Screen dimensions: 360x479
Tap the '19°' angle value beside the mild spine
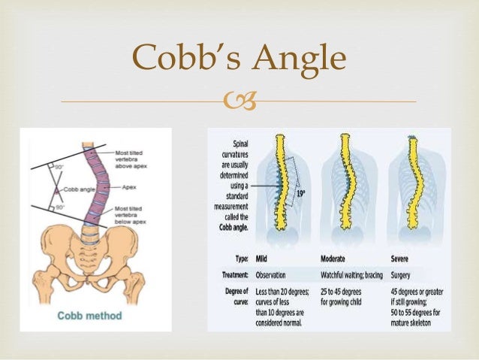300,193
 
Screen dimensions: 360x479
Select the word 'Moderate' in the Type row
338,256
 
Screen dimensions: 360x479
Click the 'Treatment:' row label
230,274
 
